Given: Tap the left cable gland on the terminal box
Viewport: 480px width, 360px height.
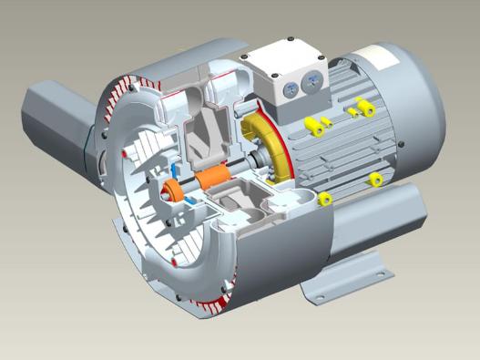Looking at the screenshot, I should tap(289, 88).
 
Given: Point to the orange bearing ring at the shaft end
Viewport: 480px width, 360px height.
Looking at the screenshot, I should tap(171, 190).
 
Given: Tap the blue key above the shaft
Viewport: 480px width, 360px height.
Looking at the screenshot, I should tap(175, 170).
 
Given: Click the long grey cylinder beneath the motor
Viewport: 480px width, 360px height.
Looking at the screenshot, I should tap(383, 219).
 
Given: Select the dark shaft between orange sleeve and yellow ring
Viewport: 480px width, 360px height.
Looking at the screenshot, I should tap(241, 170).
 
